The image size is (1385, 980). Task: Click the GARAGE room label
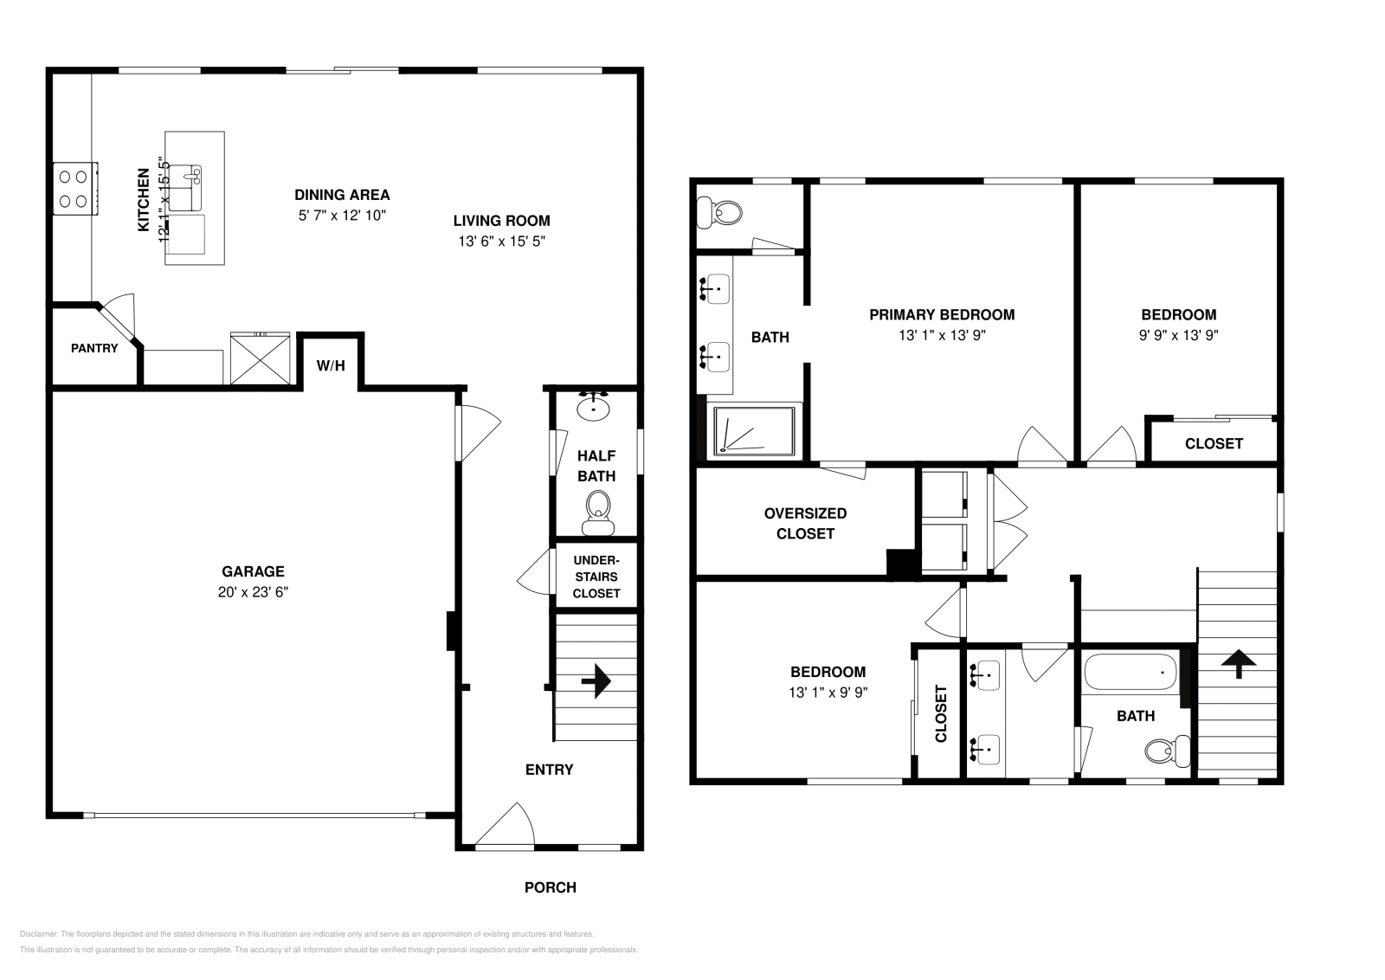coord(253,571)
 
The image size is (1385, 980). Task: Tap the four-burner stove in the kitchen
coord(73,189)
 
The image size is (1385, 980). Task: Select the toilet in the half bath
coord(597,513)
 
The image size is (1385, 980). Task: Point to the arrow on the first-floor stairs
coord(596,681)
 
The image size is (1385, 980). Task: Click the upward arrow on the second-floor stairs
coord(1239,664)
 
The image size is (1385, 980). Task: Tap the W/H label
coord(331,366)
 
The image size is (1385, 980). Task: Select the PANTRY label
coord(94,348)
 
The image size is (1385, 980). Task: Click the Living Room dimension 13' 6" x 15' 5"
coord(501,242)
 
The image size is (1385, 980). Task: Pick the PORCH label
coord(550,887)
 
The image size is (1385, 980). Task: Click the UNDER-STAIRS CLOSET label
coord(596,577)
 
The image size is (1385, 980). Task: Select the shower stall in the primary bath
coord(754,430)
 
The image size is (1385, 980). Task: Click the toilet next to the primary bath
coord(719,210)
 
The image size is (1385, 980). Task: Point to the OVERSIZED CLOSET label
coord(805,523)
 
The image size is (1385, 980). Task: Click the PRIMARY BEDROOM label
coord(942,314)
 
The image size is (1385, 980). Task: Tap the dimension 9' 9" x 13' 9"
coord(1178,336)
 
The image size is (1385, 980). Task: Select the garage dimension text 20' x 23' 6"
coord(253,592)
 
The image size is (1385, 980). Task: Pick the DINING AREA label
coord(342,195)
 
